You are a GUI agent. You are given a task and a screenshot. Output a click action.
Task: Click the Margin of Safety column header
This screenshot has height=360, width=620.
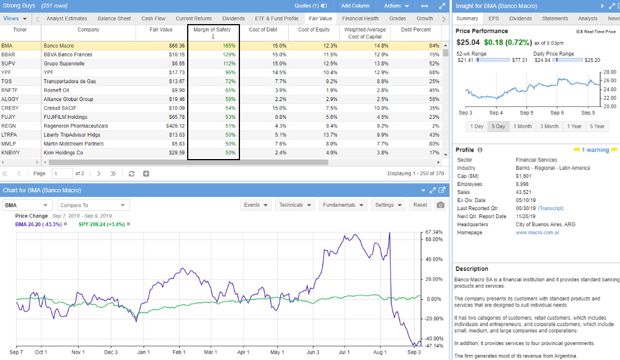213,29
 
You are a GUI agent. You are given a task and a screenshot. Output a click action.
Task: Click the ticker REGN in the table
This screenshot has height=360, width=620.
9,126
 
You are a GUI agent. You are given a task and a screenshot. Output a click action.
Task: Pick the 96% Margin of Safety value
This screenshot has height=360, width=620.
230,72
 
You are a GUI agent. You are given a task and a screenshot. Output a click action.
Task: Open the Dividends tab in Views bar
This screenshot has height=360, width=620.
233,18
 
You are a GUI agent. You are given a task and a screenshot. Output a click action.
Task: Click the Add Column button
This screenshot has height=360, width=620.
355,6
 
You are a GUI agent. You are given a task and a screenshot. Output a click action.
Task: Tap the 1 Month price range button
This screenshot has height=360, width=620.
522,126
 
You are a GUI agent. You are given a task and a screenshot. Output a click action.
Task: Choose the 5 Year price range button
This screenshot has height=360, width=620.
597,126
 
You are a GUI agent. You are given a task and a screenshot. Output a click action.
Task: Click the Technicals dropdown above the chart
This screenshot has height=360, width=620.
295,205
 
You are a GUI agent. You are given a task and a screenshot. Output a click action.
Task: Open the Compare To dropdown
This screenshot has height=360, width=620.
93,205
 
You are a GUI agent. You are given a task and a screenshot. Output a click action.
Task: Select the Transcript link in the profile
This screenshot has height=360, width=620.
551,208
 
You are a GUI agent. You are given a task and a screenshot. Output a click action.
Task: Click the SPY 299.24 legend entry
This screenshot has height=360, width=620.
95,224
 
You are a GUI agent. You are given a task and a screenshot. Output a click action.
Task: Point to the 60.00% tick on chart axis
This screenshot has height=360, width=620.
433,239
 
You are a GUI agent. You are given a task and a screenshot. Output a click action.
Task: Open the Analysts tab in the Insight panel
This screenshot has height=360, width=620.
587,18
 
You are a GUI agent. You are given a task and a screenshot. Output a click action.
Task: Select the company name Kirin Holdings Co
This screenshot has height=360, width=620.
64,153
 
